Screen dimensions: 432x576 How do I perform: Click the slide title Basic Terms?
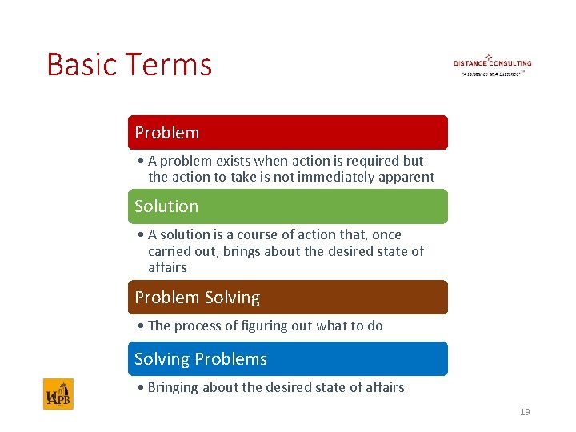point(129,64)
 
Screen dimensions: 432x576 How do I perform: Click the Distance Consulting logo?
point(492,64)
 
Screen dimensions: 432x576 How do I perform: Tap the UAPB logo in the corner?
point(58,394)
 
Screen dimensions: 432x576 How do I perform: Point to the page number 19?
point(525,412)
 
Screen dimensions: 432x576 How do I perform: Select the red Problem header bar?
point(288,133)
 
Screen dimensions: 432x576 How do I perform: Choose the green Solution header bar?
point(288,206)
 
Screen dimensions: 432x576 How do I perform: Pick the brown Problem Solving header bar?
point(288,298)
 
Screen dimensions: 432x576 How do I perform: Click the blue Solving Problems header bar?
point(288,359)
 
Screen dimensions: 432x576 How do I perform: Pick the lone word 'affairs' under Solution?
point(167,267)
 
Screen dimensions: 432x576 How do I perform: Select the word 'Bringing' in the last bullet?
point(176,387)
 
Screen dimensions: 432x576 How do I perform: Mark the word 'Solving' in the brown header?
point(232,298)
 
